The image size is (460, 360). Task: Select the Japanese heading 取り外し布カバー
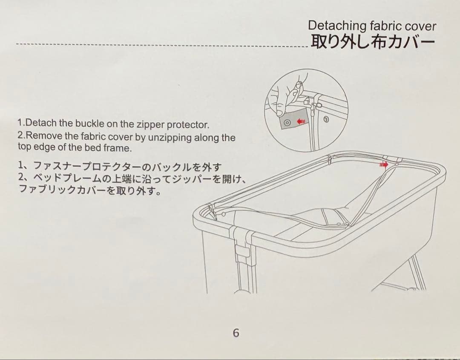tap(373, 42)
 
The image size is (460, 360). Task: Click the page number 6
tap(236, 333)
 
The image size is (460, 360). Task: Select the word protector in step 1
tap(188, 125)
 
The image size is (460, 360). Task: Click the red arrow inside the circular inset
tap(301, 121)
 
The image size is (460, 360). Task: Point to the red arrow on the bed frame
tap(384, 164)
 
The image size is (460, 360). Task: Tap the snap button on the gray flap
tap(287, 122)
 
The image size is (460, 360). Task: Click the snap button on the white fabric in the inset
tap(326, 119)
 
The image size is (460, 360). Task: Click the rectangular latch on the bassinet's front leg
tap(243, 251)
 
